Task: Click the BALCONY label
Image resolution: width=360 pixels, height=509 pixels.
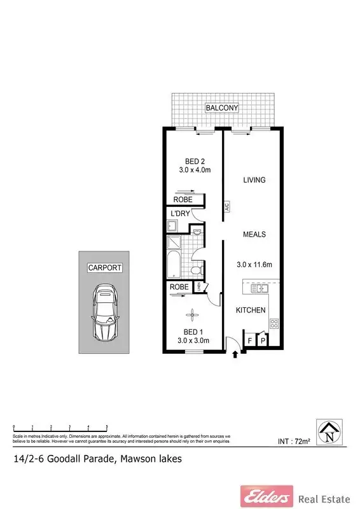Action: pos(221,108)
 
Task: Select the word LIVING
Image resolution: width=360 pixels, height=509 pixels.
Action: pos(254,180)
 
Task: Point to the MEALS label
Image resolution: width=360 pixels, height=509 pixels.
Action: pos(254,234)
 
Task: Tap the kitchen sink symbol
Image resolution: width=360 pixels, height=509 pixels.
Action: pos(261,288)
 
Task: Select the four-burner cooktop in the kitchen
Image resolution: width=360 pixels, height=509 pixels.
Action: pos(274,324)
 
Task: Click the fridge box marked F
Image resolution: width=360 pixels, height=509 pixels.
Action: pos(250,341)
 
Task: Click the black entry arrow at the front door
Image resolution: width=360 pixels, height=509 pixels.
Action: pos(237,354)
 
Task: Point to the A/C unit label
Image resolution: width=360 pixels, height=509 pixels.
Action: pos(225,207)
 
